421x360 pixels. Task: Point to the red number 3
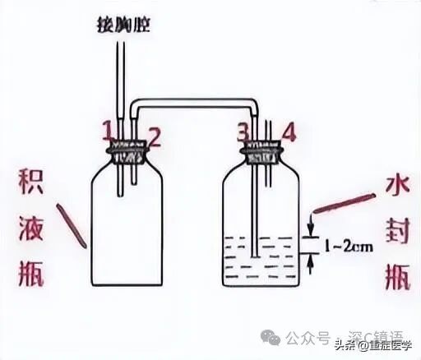pyautogui.click(x=242, y=132)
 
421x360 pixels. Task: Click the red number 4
pyautogui.click(x=289, y=132)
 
